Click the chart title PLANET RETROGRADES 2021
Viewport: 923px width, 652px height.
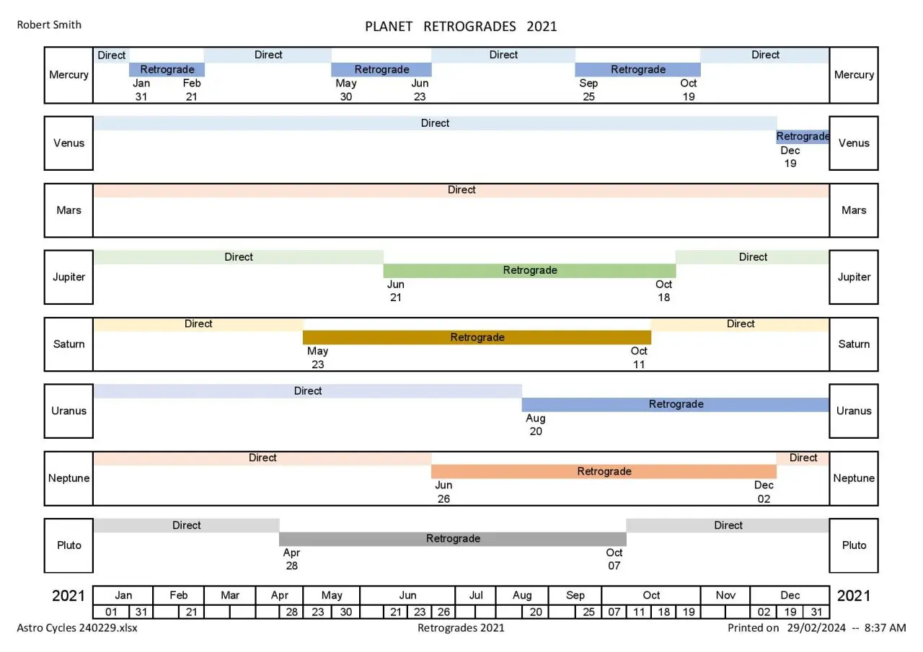461,27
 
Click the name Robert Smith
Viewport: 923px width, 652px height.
49,24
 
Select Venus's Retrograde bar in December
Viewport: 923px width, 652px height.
802,137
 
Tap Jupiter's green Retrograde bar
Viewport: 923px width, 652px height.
529,271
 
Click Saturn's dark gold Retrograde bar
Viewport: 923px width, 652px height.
477,337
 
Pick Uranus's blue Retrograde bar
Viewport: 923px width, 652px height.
675,404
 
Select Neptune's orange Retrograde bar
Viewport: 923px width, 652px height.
604,472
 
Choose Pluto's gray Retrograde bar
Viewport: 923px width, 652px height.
452,539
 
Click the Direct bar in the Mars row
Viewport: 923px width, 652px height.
461,190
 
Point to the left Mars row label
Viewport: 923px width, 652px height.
69,210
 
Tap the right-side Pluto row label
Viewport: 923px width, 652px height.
854,545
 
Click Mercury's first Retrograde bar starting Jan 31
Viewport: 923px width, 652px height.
167,70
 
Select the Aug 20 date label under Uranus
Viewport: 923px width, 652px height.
536,425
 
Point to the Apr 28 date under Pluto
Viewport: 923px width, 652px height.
291,560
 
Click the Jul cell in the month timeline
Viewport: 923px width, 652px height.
476,595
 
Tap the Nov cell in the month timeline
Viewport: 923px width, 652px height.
725,595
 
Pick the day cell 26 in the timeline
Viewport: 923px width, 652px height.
443,612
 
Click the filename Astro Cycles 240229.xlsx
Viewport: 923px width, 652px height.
77,628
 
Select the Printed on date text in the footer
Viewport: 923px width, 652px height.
816,628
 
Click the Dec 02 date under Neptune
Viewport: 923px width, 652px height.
764,492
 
